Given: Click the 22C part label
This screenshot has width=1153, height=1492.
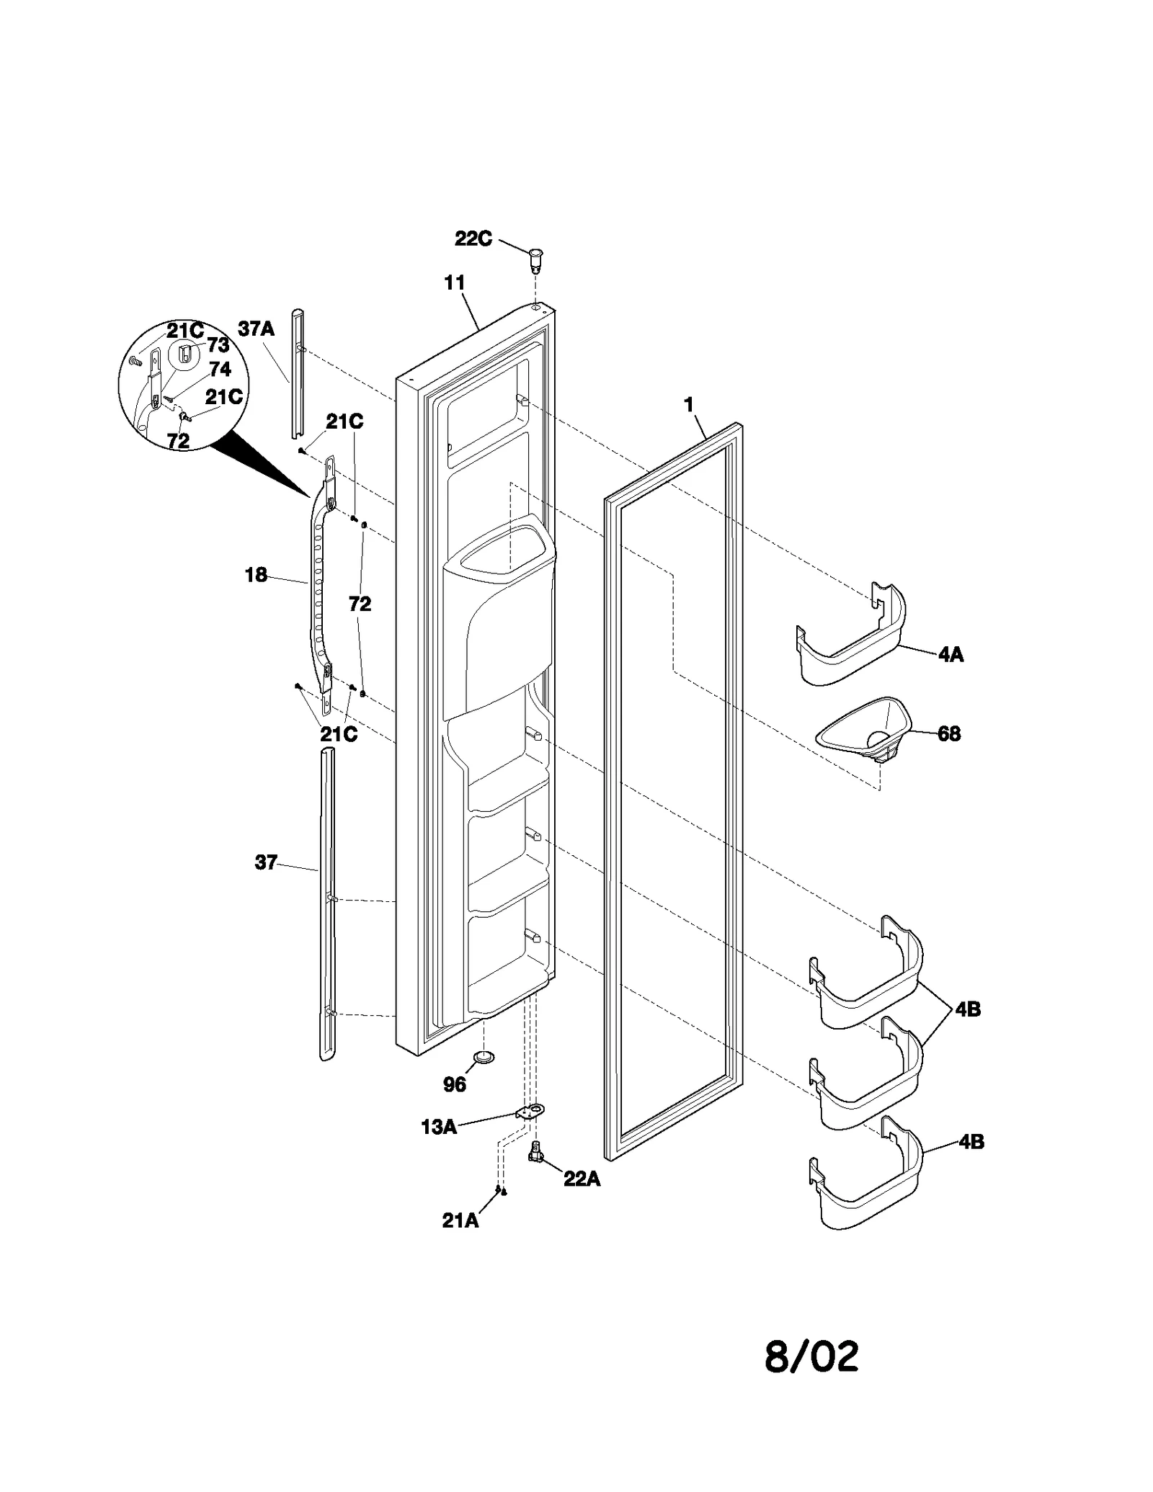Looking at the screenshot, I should pos(473,238).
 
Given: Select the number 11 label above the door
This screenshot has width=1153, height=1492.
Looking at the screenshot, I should pos(454,282).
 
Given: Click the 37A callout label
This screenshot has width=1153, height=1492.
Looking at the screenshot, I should pos(257,329).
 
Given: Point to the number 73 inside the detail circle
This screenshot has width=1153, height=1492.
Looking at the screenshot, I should pos(218,345).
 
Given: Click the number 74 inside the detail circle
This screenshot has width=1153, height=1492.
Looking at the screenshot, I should pos(220,370).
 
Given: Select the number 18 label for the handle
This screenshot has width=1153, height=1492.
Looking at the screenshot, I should pos(256,575).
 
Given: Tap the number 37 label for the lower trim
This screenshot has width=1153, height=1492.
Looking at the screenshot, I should pos(266,862).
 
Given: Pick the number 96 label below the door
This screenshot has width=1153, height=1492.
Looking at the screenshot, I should pos(454,1084).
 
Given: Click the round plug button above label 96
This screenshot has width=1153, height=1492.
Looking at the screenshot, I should pos(483,1057).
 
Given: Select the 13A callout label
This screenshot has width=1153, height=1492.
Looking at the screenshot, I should pos(438,1127).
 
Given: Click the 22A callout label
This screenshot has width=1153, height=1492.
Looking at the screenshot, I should pos(582,1179).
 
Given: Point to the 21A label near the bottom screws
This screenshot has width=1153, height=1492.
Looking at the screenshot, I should pos(460,1220).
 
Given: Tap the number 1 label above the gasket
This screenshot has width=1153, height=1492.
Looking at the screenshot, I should pos(689,405).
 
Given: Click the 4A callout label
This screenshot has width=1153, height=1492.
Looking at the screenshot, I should pos(951,655).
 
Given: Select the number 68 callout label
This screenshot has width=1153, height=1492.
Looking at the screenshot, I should pos(949,734).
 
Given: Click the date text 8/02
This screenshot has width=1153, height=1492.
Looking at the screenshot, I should pos(811,1357).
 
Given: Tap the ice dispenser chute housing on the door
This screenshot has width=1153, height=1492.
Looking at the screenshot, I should pos(497,620).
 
